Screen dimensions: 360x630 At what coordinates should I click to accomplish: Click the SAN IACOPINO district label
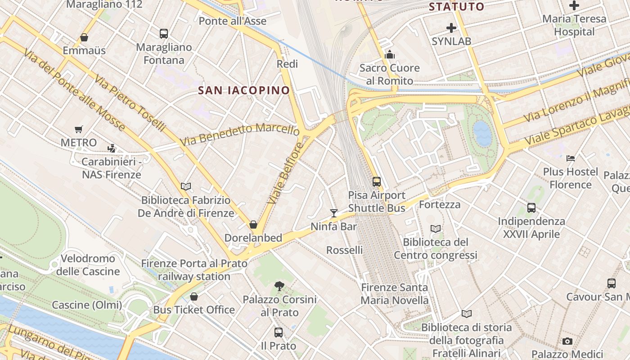pyautogui.click(x=244, y=90)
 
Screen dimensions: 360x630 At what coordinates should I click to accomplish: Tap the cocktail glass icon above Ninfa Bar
pyautogui.click(x=333, y=213)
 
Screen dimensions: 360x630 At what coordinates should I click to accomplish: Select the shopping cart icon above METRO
pyautogui.click(x=79, y=130)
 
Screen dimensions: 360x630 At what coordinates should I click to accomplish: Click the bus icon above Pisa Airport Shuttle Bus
pyautogui.click(x=377, y=182)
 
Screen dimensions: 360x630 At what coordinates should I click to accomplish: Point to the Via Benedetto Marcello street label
pyautogui.click(x=239, y=134)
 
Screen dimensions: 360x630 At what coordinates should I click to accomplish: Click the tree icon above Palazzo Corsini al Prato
pyautogui.click(x=279, y=286)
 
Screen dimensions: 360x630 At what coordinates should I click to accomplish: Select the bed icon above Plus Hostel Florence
pyautogui.click(x=571, y=158)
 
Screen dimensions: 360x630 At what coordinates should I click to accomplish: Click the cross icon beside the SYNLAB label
pyautogui.click(x=451, y=28)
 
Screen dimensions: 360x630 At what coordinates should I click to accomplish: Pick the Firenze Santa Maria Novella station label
pyautogui.click(x=394, y=294)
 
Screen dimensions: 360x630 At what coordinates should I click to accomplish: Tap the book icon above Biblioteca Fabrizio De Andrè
pyautogui.click(x=186, y=186)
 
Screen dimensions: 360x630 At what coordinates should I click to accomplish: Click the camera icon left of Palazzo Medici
pyautogui.click(x=567, y=341)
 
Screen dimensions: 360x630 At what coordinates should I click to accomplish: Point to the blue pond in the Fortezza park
pyautogui.click(x=482, y=133)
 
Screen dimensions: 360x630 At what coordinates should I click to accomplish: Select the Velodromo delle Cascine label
pyautogui.click(x=88, y=265)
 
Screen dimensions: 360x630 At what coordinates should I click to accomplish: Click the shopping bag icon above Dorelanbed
pyautogui.click(x=253, y=225)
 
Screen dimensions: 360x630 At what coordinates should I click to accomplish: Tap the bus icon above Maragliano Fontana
pyautogui.click(x=164, y=34)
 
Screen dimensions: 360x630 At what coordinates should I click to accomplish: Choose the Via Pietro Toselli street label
pyautogui.click(x=130, y=103)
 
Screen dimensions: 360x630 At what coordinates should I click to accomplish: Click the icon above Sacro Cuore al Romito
pyautogui.click(x=390, y=55)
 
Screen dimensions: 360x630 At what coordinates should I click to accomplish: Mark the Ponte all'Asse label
pyautogui.click(x=232, y=21)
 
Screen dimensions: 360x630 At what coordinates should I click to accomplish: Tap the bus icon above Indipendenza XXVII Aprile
pyautogui.click(x=531, y=208)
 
